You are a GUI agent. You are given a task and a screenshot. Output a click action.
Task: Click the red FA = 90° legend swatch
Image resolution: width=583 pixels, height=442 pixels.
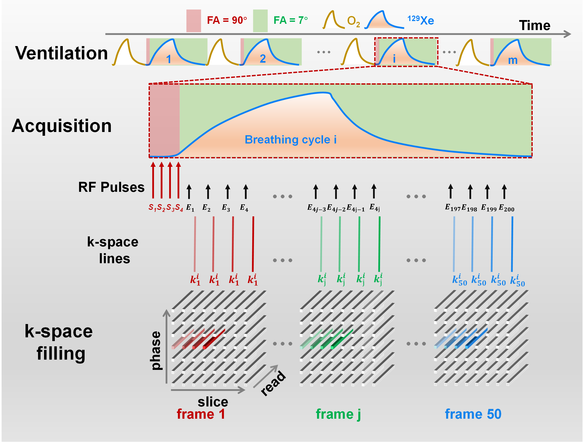click(x=193, y=21)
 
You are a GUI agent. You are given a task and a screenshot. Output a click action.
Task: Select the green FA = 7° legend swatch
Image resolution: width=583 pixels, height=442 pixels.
click(x=260, y=21)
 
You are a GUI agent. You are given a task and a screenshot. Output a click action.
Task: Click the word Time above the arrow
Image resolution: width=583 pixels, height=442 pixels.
click(x=534, y=26)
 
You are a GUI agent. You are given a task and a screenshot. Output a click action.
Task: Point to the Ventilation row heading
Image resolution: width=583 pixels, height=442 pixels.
click(x=61, y=53)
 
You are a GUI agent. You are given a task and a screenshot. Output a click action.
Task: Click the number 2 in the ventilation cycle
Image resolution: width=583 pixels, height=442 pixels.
click(x=262, y=59)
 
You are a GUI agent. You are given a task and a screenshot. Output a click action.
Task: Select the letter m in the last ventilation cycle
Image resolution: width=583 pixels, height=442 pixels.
click(x=513, y=60)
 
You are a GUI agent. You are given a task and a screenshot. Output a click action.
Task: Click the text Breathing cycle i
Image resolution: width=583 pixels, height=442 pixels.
click(x=290, y=139)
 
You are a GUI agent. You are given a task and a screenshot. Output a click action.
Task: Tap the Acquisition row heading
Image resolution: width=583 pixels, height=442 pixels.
click(x=61, y=125)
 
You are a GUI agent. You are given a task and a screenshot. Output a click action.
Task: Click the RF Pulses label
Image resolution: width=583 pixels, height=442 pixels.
click(x=111, y=187)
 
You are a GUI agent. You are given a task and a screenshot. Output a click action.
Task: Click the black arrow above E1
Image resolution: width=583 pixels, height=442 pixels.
click(x=189, y=191)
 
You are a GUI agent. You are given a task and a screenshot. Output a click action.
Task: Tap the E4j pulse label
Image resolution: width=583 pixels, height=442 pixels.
click(x=375, y=208)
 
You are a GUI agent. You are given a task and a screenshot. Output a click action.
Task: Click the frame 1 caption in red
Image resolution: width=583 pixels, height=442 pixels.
click(x=201, y=414)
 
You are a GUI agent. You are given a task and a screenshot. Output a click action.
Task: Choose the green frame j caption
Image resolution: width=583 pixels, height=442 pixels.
click(x=338, y=414)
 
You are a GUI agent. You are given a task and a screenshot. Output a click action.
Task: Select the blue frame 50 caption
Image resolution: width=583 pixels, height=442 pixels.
click(x=473, y=414)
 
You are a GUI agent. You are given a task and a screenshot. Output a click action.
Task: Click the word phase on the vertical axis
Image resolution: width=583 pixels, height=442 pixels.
click(x=156, y=351)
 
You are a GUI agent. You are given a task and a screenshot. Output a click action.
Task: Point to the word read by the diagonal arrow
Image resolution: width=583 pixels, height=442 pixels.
click(x=273, y=383)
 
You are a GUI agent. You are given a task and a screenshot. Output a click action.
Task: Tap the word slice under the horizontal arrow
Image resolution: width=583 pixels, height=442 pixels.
click(x=213, y=402)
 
